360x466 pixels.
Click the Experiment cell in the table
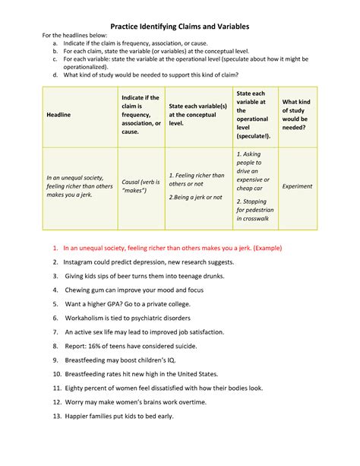click(x=296, y=185)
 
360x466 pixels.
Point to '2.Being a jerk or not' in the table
click(x=195, y=197)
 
